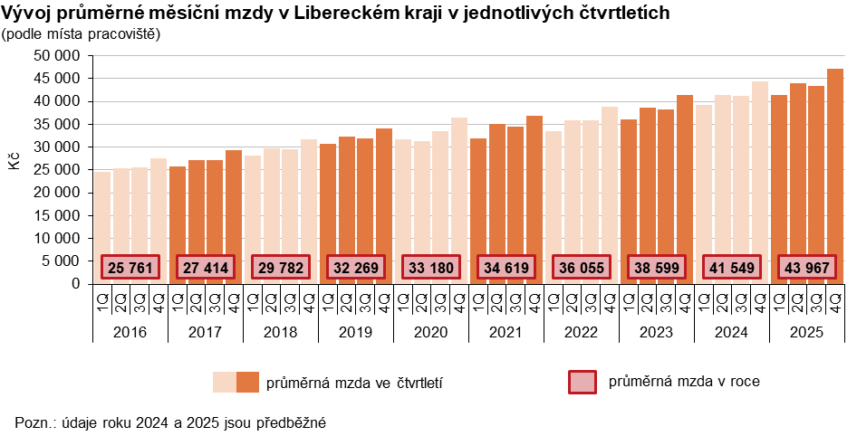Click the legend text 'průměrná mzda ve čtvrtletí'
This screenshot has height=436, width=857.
pyautogui.click(x=354, y=384)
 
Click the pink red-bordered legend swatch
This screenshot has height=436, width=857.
pyautogui.click(x=582, y=382)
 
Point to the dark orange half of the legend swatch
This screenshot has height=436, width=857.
pyautogui.click(x=247, y=382)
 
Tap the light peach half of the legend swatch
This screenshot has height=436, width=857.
pyautogui.click(x=224, y=382)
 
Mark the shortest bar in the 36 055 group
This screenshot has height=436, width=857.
pyautogui.click(x=554, y=207)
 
